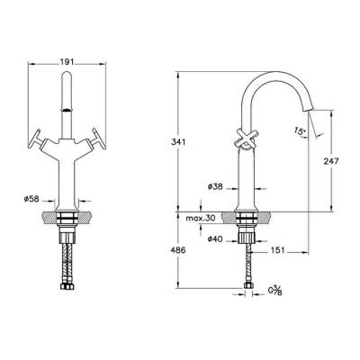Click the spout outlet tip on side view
pos(311,111)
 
